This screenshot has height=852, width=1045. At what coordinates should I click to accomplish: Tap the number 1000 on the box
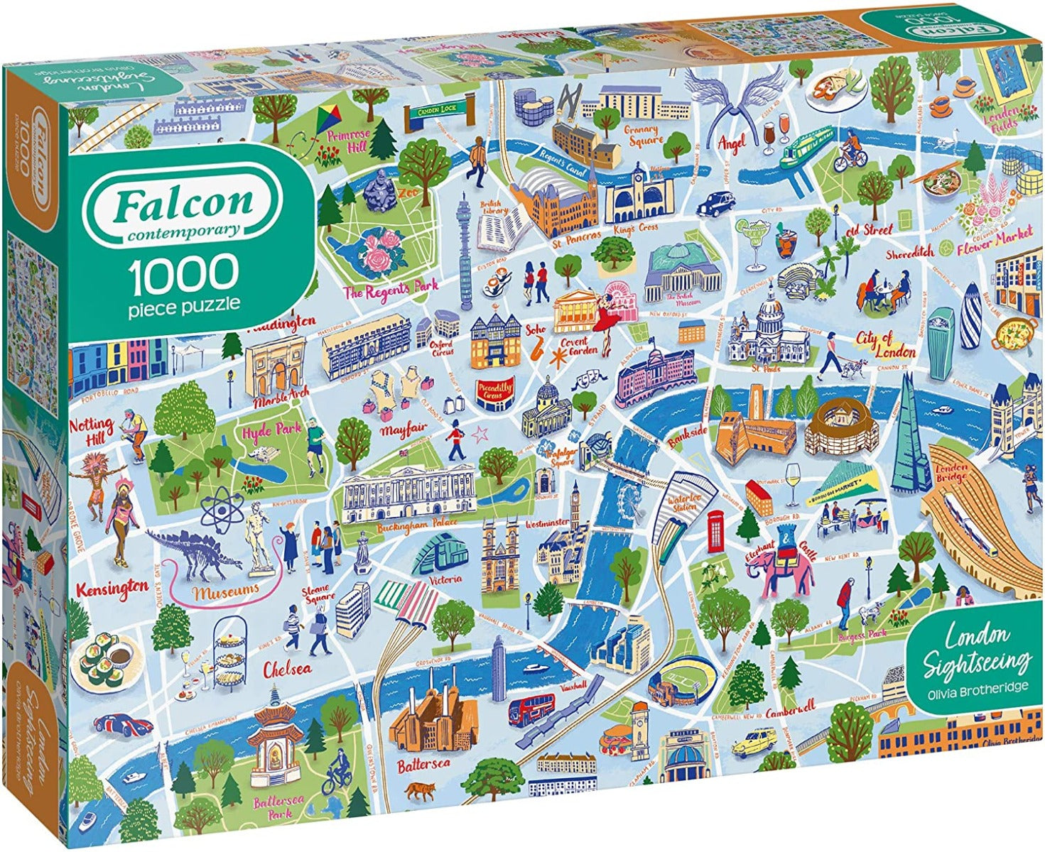(x=183, y=272)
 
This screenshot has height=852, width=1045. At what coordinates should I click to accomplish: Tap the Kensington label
(x=112, y=589)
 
